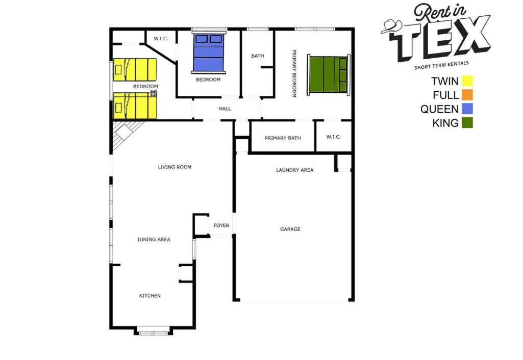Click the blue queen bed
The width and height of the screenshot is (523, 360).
[209, 53]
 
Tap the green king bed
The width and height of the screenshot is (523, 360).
[329, 74]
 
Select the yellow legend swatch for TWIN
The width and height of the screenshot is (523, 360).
[467, 81]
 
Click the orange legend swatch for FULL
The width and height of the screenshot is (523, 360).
[467, 95]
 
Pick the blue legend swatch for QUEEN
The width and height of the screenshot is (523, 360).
[467, 109]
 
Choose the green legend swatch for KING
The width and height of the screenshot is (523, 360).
[467, 123]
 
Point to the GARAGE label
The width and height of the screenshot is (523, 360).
[290, 229]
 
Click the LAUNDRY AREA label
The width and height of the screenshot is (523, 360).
[295, 170]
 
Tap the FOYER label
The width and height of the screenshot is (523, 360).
[221, 226]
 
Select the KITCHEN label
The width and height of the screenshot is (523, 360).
[150, 296]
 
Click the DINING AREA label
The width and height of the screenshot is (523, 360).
[154, 239]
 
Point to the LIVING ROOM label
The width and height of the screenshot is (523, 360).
[175, 167]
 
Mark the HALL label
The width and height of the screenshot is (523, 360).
[225, 109]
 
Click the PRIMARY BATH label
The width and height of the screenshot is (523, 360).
[283, 138]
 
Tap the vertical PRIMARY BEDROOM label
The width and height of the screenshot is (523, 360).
[294, 73]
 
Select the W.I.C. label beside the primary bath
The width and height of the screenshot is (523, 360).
[334, 137]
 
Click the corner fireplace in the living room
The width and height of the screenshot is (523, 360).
[126, 133]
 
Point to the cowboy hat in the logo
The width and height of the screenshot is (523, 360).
[392, 27]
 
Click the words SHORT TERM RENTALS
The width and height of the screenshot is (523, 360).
[441, 65]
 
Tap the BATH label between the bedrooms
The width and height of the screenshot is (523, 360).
[258, 56]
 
